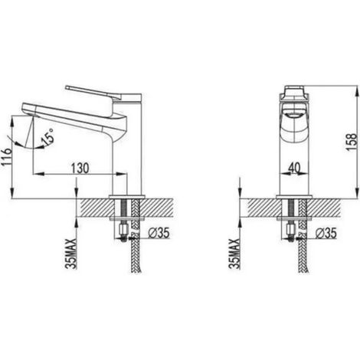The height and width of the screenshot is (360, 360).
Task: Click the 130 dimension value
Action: click(80, 168)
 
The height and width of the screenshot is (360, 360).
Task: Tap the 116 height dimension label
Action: click(6, 157)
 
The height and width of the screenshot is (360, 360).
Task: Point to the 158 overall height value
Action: click(352, 142)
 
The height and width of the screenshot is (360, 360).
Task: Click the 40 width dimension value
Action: click(294, 168)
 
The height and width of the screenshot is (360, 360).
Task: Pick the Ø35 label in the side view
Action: click(159, 233)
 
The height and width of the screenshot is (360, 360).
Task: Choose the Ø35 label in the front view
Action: click(326, 233)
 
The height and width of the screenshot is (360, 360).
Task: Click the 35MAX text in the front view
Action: click(234, 254)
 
